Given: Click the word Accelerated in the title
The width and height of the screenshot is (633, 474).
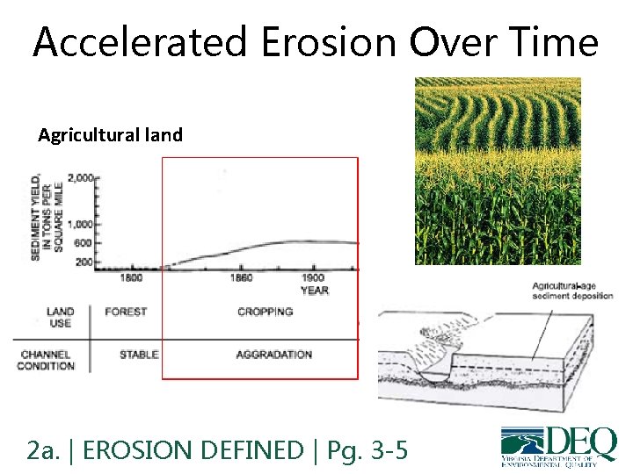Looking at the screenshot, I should tap(123, 41).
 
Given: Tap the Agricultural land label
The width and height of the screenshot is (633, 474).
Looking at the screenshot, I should tap(110, 135).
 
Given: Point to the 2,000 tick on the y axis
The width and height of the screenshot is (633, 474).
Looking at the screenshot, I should tap(81, 178).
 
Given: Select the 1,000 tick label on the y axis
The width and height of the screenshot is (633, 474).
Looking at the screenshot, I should tap(81, 224).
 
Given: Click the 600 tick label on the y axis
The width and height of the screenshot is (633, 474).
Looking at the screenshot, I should tap(84, 243).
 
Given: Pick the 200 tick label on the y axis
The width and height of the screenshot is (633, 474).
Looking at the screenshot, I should tap(84, 262).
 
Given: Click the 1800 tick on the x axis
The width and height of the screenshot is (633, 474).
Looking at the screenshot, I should tap(131, 277).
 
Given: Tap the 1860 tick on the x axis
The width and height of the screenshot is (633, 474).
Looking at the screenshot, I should tap(241, 277).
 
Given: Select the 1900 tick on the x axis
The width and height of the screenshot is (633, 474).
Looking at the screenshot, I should tap(313, 277).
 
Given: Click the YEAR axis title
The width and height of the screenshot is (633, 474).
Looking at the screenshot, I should tap(314, 290).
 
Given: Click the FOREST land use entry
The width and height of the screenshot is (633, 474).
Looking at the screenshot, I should tap(125, 312).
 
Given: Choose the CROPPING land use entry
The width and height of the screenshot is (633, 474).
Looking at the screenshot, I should tap(265, 312).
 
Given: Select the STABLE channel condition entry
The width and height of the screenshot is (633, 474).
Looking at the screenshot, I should tap(139, 355).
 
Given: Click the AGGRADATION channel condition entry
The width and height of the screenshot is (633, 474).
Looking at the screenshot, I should tap(273, 355).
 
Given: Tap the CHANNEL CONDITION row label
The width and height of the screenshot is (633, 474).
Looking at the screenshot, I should tap(46, 360).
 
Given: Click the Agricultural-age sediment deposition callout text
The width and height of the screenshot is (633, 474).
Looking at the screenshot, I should tap(572, 291).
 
